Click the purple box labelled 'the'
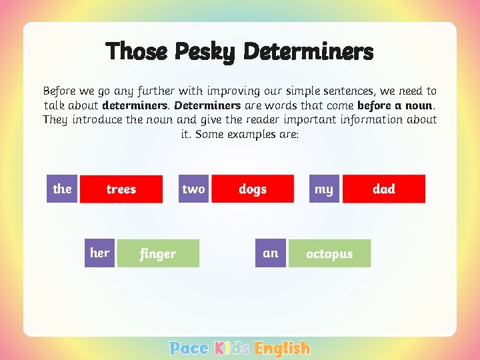pos(62,189)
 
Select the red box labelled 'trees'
pos(121,189)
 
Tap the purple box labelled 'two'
pos(193,189)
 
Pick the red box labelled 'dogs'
pos(253,189)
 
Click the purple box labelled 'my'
pos(324,189)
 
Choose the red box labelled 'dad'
pos(384,189)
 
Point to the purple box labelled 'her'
pos(100,253)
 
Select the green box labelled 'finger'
pos(158,253)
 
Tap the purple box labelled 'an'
pos(271,253)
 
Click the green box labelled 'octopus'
pos(329,253)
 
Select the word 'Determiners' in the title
pos(309,51)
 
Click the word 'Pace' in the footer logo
pos(189,348)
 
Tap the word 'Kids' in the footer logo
pos(232,348)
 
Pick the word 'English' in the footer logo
pos(283,349)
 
